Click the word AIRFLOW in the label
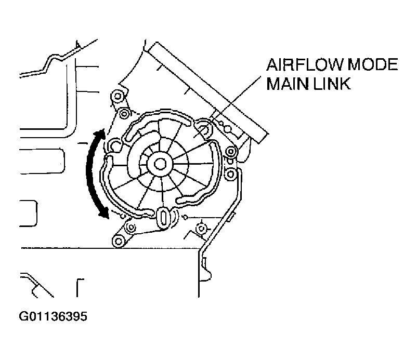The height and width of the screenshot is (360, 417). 305,64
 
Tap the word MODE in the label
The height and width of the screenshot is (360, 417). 373,64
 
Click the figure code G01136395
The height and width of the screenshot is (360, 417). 53,316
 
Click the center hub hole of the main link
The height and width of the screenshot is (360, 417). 160,164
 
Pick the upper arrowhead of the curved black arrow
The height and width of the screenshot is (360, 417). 101,134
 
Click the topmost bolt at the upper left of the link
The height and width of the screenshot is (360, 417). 118,96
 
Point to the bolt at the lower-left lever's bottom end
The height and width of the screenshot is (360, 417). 119,241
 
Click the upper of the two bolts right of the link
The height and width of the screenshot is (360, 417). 230,152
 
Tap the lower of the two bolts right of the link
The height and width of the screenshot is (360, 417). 230,174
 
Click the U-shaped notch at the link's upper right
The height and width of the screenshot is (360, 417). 204,128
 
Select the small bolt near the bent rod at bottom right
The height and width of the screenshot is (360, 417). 201,228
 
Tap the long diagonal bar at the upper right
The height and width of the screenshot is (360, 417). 207,92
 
